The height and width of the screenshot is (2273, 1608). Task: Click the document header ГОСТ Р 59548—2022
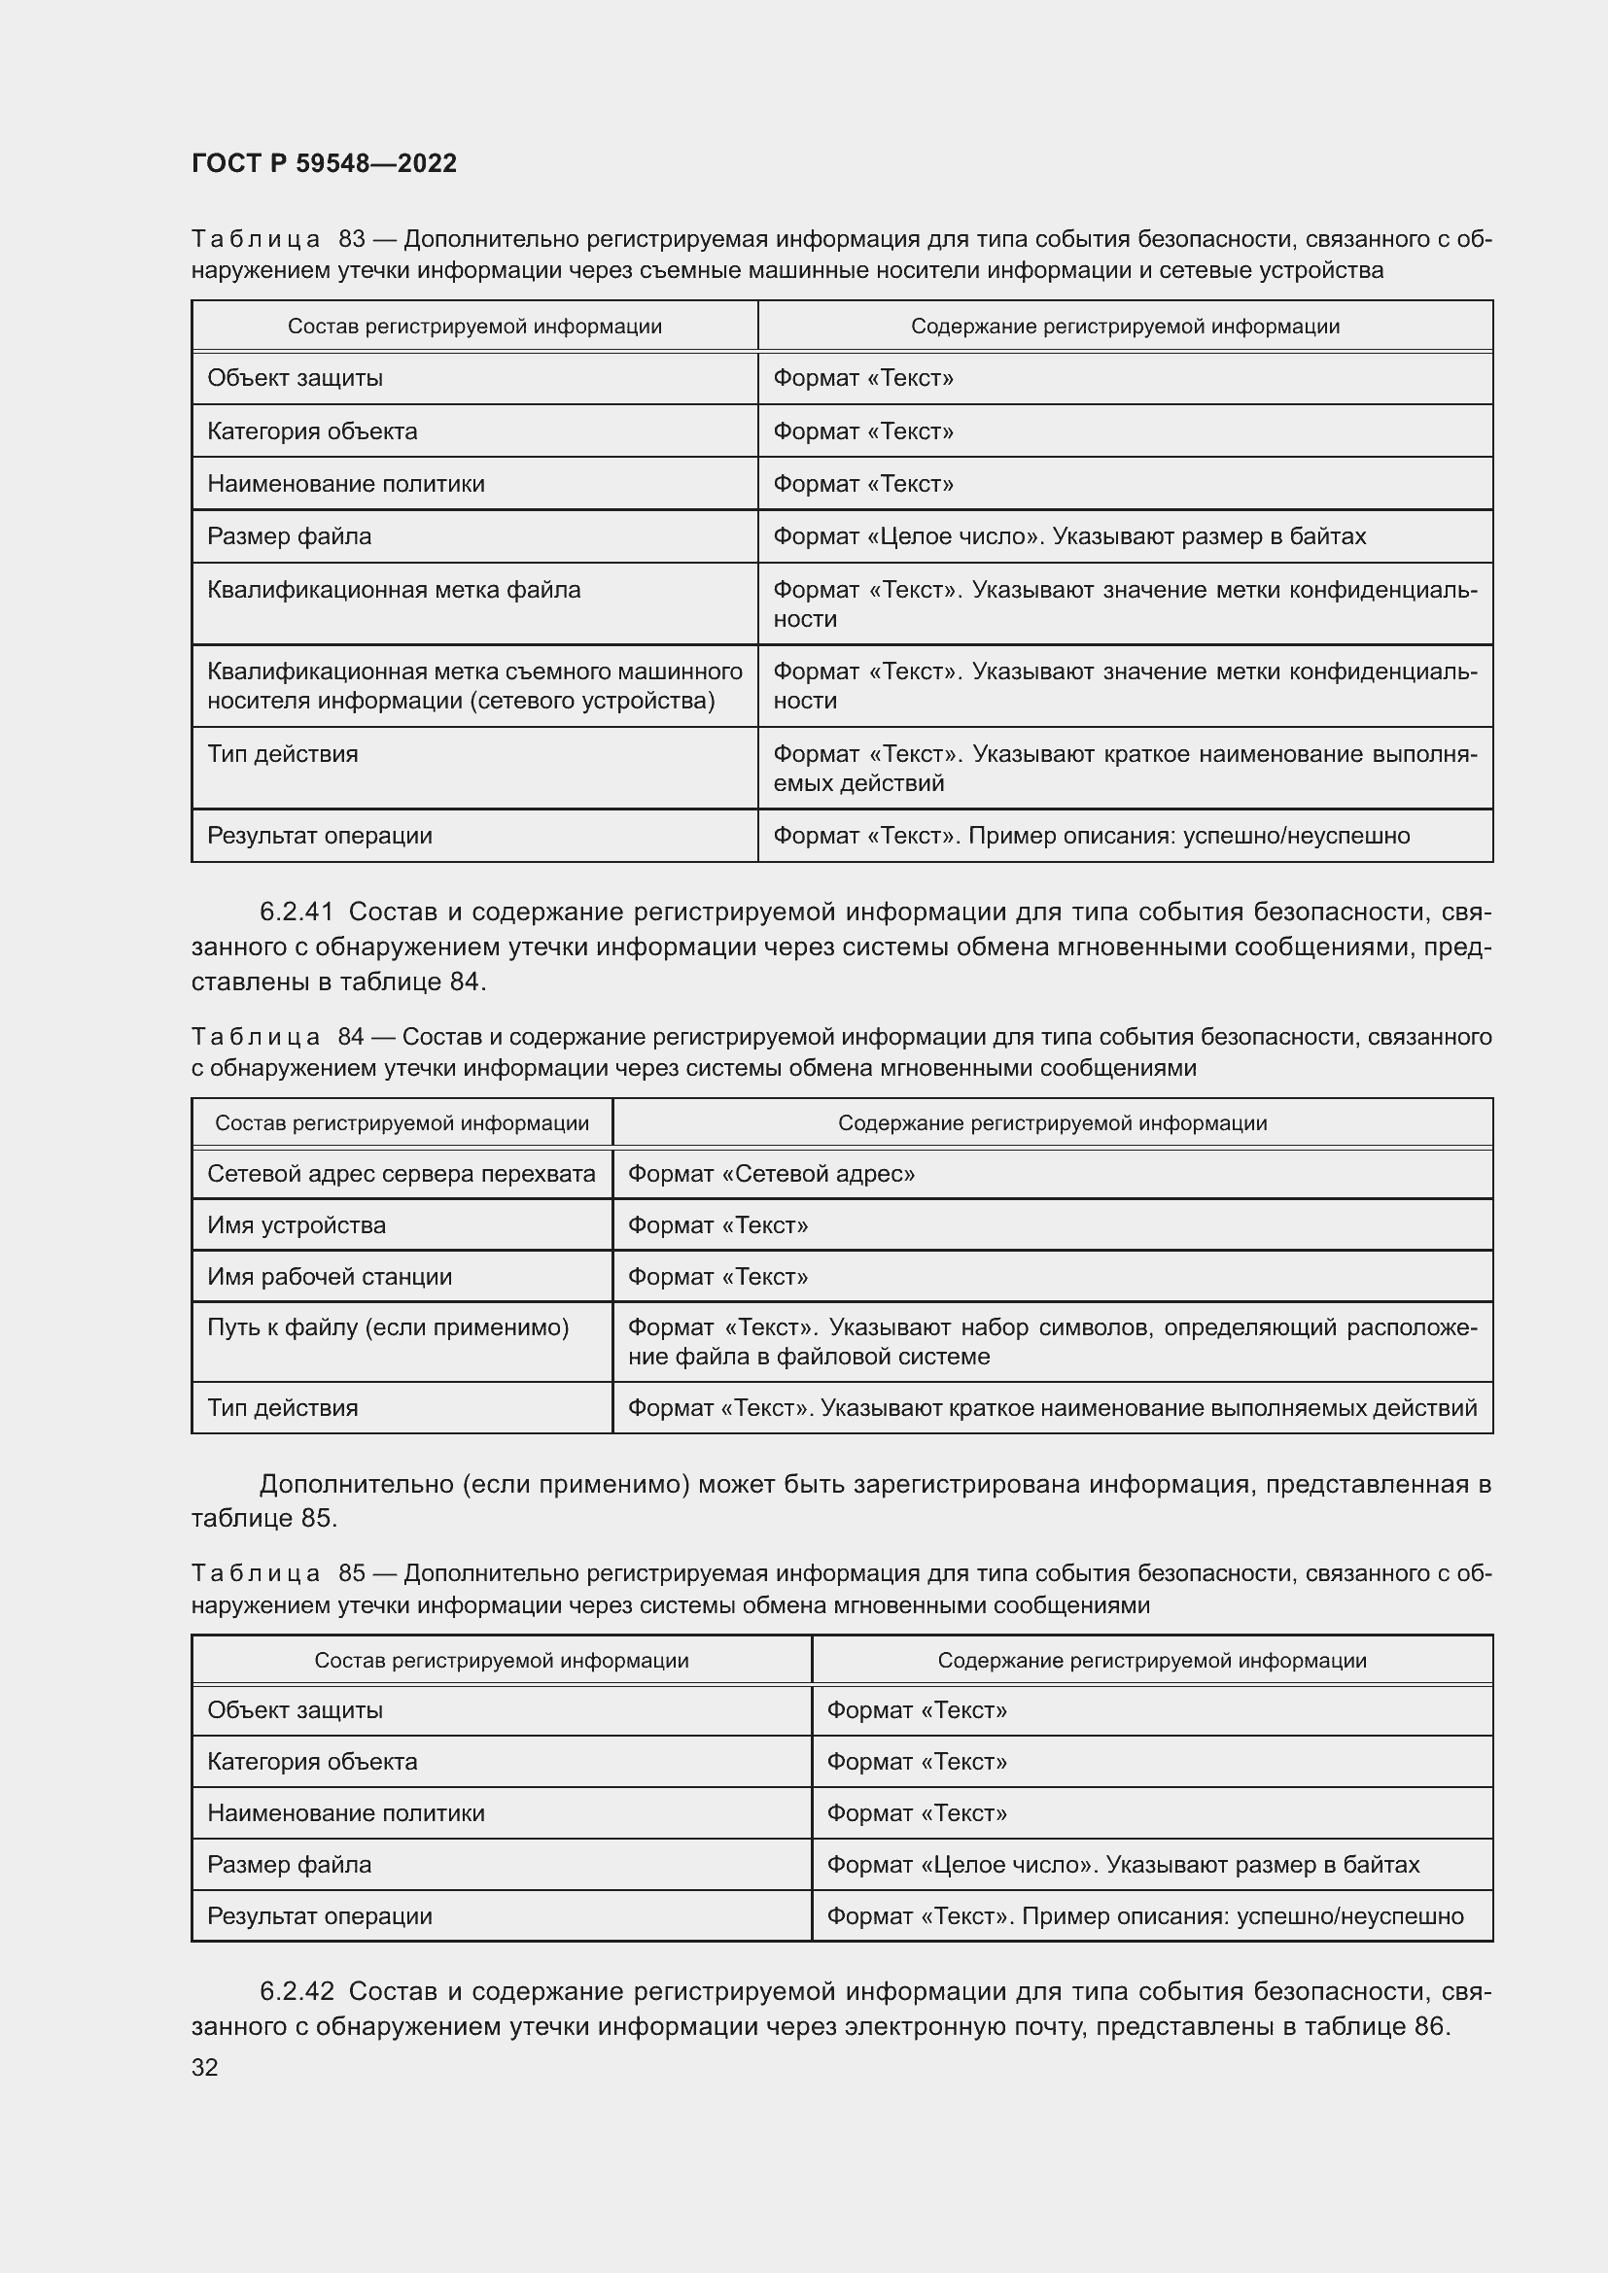[x=324, y=163]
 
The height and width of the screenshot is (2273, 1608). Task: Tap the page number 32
[x=205, y=2067]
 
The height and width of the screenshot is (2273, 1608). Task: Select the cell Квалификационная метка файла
[x=393, y=590]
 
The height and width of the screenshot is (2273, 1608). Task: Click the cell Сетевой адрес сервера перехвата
[x=401, y=1174]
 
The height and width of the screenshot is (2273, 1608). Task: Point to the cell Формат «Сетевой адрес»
[x=770, y=1174]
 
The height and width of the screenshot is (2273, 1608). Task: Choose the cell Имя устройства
[x=297, y=1225]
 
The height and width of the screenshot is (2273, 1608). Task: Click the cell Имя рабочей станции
[x=329, y=1277]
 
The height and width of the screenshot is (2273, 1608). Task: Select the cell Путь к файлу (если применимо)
[x=387, y=1327]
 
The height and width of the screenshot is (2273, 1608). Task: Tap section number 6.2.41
[x=297, y=912]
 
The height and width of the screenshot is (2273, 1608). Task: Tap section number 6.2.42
[x=297, y=1991]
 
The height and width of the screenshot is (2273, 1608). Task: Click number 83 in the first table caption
[x=352, y=240]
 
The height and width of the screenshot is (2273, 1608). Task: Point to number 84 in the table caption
[x=351, y=1037]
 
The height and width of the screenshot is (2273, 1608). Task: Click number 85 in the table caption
[x=352, y=1573]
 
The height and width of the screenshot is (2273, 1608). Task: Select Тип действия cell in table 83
[x=282, y=754]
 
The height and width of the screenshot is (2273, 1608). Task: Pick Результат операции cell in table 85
[x=319, y=1915]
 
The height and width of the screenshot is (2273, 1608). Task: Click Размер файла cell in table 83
[x=289, y=536]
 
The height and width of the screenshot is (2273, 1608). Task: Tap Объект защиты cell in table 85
[x=296, y=1709]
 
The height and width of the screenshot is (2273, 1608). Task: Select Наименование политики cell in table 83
[x=345, y=484]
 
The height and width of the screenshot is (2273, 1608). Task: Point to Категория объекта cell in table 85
[x=312, y=1761]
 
